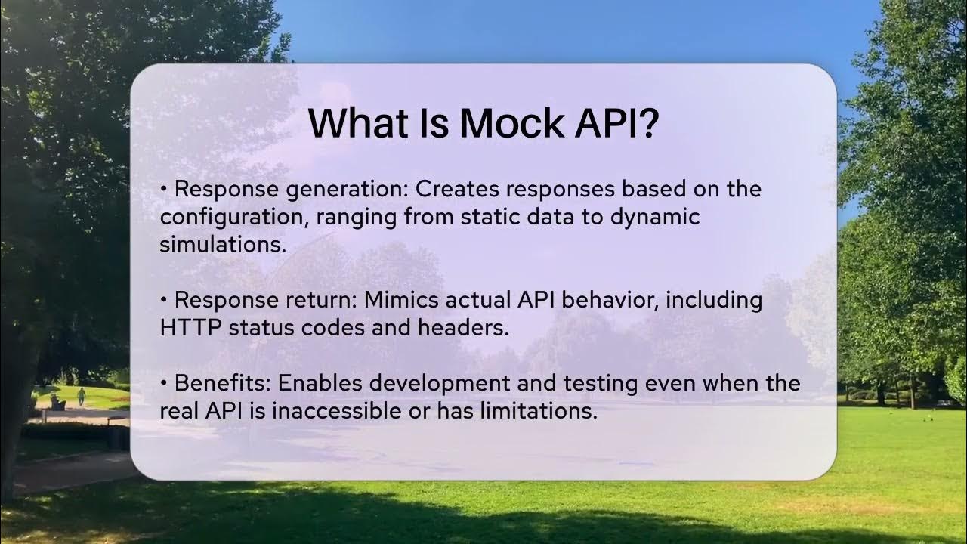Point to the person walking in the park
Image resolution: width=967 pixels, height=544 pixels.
(x=81, y=396)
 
